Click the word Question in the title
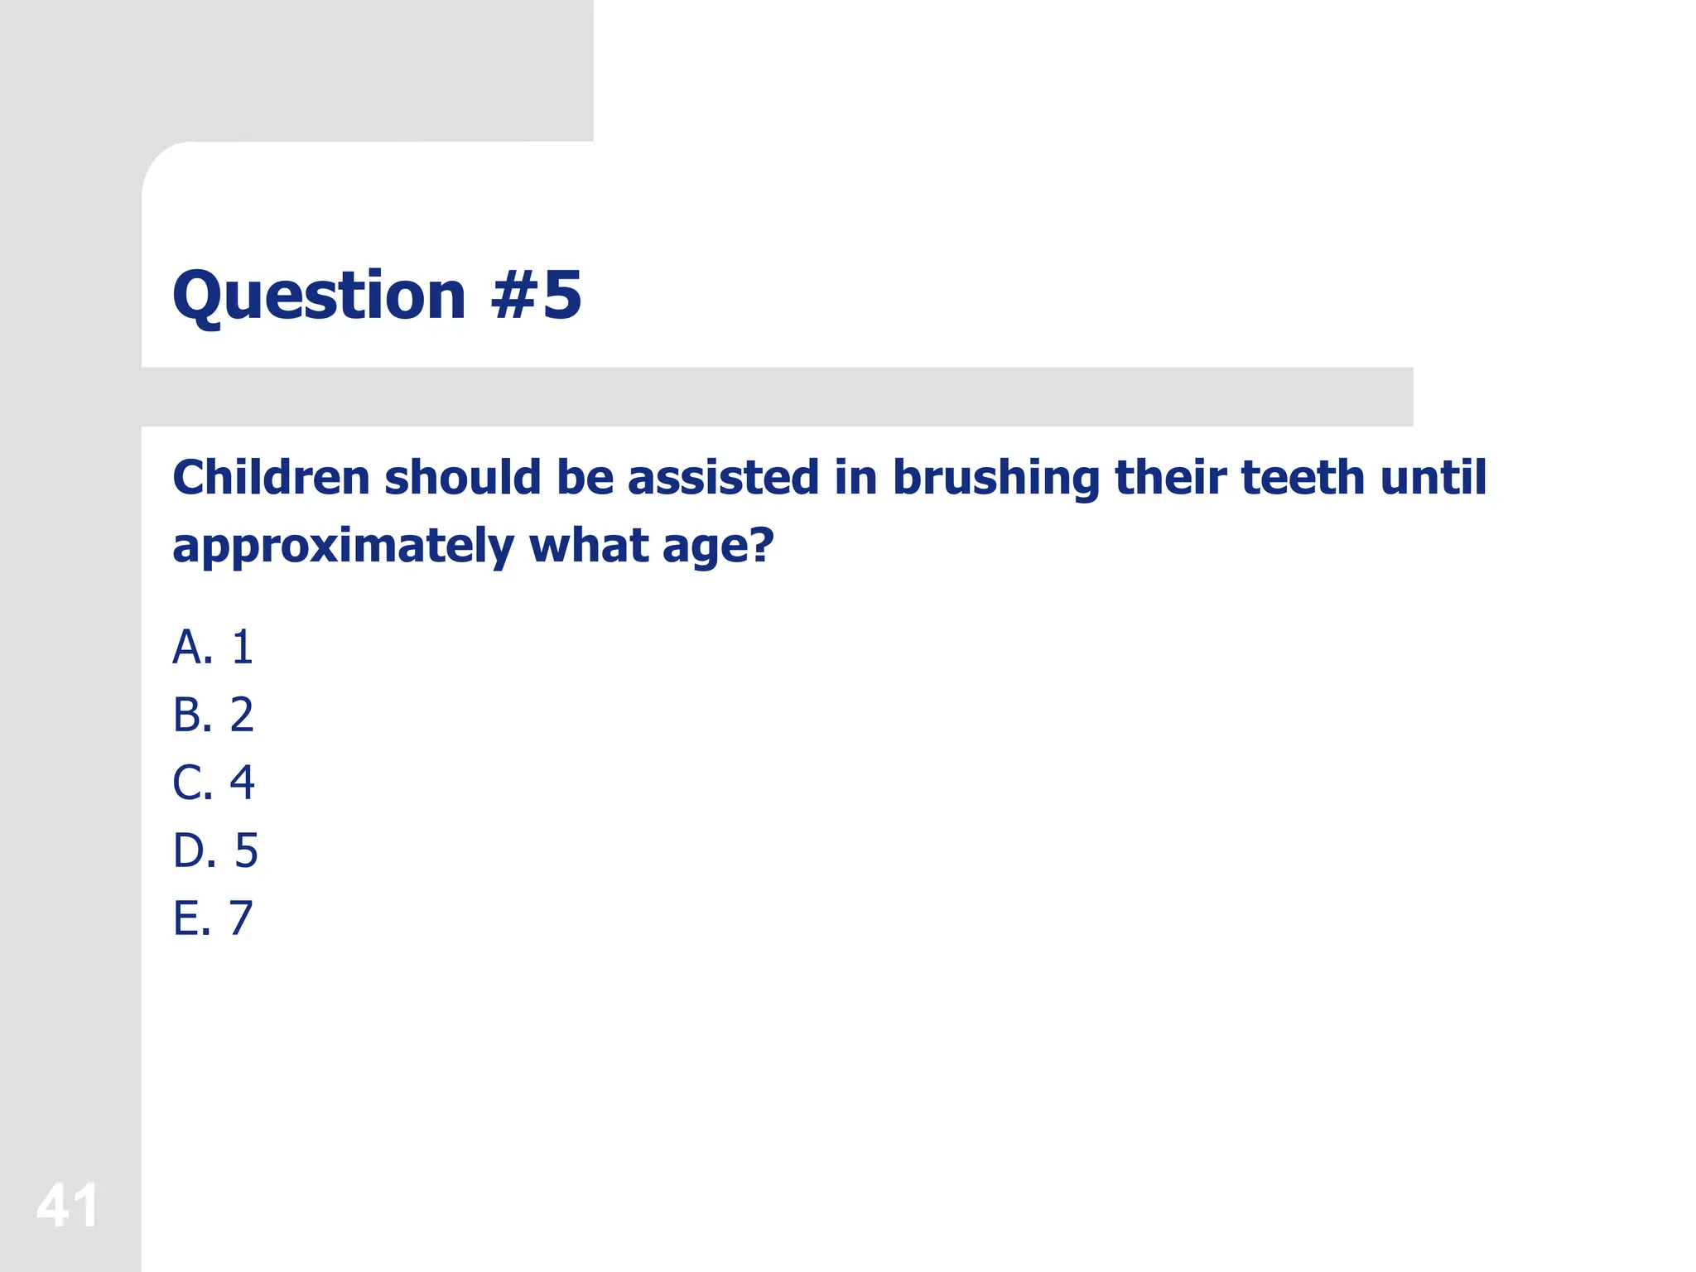(319, 296)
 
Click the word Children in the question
(271, 478)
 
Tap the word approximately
(343, 547)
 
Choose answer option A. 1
(213, 647)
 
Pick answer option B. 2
(213, 715)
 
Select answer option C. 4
(213, 783)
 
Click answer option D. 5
(215, 850)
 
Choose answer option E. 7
(213, 918)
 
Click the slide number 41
(67, 1205)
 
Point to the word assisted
(723, 478)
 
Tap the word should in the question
(463, 478)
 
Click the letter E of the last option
(187, 918)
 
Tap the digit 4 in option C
(242, 783)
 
